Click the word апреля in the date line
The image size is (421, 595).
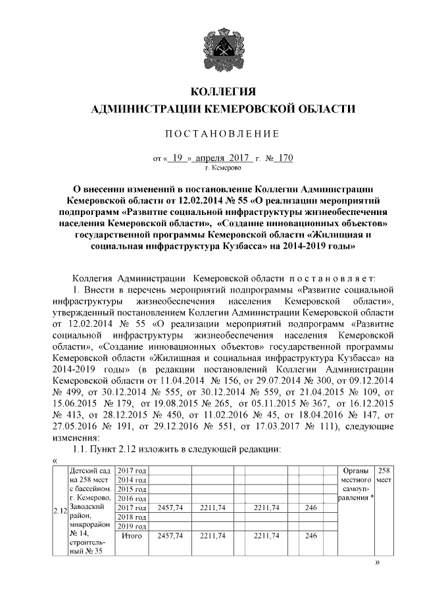[210, 158]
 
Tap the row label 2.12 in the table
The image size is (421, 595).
[59, 510]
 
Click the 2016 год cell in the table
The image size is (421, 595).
[131, 498]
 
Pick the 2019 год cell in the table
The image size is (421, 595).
[131, 527]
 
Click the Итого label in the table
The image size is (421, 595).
[131, 536]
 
